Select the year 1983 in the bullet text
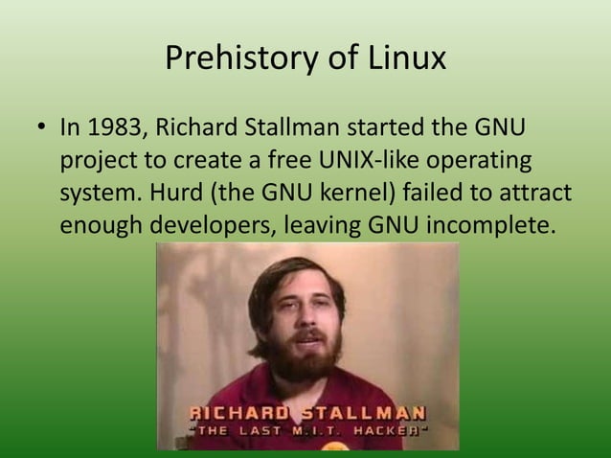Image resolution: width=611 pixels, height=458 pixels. coord(116,128)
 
